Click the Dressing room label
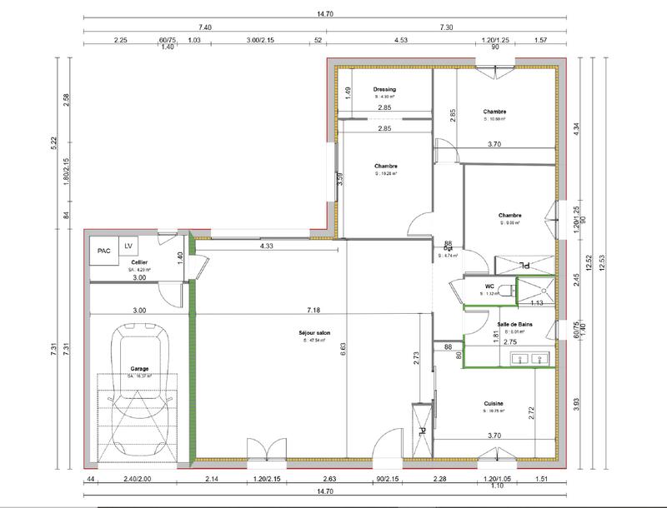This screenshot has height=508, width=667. (384, 89)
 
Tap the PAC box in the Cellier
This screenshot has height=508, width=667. (104, 250)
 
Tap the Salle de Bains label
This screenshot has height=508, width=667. (514, 324)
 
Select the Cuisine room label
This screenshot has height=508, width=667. (494, 403)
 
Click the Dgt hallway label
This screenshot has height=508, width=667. (448, 248)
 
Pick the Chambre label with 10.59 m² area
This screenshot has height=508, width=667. (494, 111)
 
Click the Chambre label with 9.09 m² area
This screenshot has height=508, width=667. (509, 215)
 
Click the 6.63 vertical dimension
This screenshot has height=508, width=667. (343, 351)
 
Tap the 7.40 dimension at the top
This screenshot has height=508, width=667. (205, 27)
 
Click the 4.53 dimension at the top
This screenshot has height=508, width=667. (400, 39)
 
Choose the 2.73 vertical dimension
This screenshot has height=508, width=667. (416, 358)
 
